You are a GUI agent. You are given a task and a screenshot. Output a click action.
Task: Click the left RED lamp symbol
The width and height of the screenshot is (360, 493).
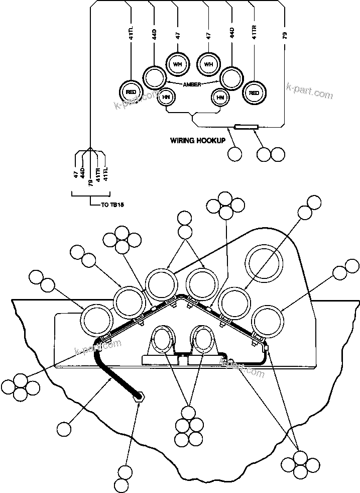[131, 92]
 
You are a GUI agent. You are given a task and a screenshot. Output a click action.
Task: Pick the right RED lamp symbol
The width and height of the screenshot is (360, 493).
[254, 92]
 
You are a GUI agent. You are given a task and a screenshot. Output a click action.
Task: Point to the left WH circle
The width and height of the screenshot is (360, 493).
[177, 64]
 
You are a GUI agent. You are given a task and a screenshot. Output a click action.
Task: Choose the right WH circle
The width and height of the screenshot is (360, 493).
[208, 64]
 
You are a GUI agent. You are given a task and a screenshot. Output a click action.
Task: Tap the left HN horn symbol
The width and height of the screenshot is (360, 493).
[166, 97]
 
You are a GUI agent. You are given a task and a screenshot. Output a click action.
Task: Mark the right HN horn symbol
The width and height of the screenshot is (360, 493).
[219, 97]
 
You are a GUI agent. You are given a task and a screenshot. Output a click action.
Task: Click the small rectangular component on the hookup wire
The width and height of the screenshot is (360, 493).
[247, 127]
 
